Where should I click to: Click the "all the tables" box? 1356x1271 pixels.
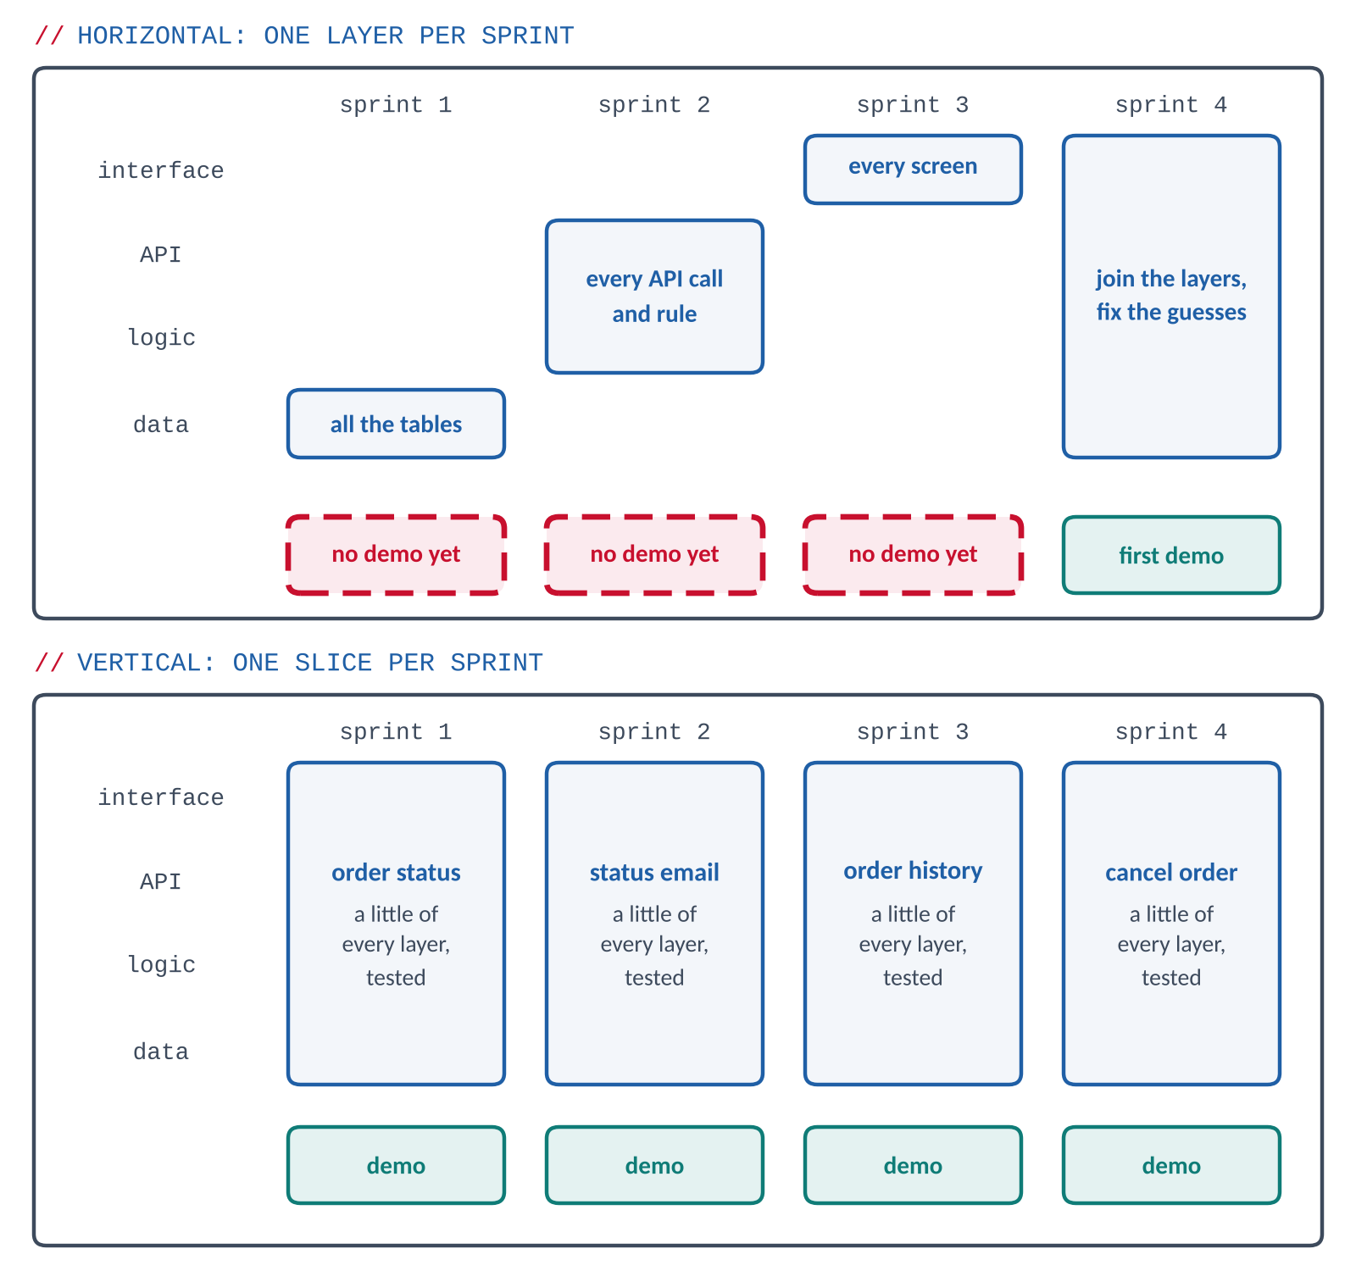point(396,424)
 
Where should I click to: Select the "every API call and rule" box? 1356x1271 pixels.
point(654,297)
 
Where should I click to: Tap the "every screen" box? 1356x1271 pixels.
point(913,169)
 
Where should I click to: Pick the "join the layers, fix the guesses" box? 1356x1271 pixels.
point(1171,297)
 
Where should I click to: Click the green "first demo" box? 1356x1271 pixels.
point(1171,555)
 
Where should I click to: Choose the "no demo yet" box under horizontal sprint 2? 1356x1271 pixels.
point(654,555)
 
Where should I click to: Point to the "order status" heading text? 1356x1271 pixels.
point(396,873)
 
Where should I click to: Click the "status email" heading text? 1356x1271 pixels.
point(654,873)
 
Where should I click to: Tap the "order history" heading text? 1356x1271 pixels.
point(913,871)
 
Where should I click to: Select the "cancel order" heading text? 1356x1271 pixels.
point(1171,873)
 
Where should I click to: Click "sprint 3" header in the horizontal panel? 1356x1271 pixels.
point(913,105)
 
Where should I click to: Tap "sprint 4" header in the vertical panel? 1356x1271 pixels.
point(1171,732)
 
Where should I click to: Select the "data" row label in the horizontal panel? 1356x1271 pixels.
point(161,425)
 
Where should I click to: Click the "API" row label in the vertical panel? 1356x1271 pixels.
point(161,882)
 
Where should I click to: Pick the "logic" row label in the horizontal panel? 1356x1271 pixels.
point(161,338)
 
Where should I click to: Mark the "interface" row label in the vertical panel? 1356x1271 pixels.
point(161,797)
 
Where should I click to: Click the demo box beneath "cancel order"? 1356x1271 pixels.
point(1171,1165)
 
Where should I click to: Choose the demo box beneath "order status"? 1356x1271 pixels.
point(396,1165)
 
